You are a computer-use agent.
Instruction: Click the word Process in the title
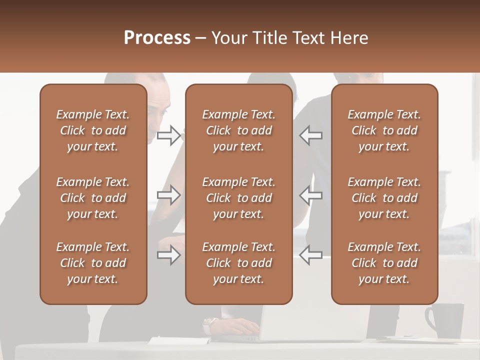tap(157, 38)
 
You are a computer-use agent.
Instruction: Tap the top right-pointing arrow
tap(168, 135)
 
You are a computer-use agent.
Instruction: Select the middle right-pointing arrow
tap(168, 195)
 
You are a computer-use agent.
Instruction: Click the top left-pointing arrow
tap(311, 135)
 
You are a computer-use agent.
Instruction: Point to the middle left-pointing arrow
tap(311, 195)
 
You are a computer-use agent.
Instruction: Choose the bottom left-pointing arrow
tap(311, 255)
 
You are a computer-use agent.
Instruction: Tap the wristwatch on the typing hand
tap(210, 325)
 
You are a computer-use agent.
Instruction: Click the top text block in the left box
tap(93, 130)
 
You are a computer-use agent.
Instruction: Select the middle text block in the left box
tap(93, 198)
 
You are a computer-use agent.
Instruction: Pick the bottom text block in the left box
tap(93, 263)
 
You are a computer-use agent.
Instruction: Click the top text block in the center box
tap(238, 130)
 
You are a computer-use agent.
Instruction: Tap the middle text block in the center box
tap(238, 198)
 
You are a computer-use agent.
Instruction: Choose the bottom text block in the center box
tap(238, 263)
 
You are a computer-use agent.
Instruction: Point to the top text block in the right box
tap(384, 130)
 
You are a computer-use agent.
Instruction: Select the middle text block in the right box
tap(384, 198)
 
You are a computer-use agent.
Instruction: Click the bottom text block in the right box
tap(384, 263)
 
